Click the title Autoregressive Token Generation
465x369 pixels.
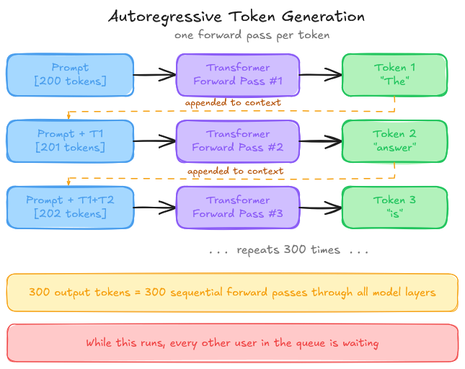236,16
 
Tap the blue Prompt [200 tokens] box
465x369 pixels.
70,74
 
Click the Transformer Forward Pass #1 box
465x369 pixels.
238,74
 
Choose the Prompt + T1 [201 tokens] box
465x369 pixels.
70,141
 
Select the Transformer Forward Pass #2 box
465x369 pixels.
238,141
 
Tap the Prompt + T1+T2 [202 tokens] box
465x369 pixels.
70,207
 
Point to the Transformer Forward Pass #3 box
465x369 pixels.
238,207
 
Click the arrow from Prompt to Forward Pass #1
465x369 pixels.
155,74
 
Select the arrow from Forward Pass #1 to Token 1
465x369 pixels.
321,74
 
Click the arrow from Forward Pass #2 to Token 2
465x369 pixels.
321,141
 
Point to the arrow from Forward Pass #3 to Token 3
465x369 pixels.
321,208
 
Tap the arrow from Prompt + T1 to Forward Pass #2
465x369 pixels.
155,141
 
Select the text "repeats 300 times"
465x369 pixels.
288,251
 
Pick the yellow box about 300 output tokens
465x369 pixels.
232,293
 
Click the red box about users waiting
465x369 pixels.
232,343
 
